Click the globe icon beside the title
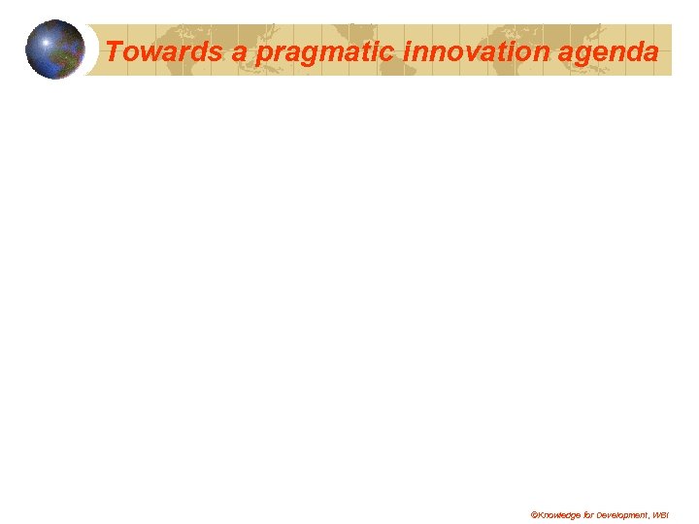coord(54,49)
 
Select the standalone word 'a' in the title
coord(239,52)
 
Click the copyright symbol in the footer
coord(533,513)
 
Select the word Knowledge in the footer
coord(558,513)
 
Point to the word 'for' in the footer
coord(589,513)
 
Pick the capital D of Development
coord(601,513)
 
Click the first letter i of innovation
coord(407,51)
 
